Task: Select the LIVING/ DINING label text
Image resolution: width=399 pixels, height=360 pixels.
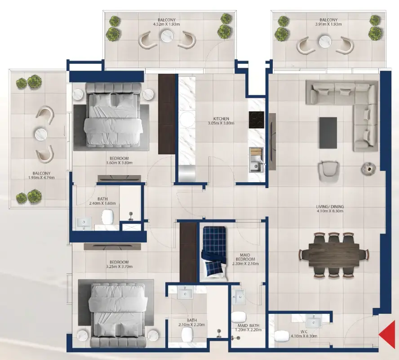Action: [330, 207]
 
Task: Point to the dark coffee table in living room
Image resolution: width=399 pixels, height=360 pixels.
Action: [328, 132]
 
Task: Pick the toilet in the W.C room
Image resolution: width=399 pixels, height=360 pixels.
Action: [282, 336]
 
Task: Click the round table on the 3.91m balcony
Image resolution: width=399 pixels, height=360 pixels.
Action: [325, 42]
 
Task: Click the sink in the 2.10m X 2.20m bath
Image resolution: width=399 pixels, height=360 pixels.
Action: [185, 294]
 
